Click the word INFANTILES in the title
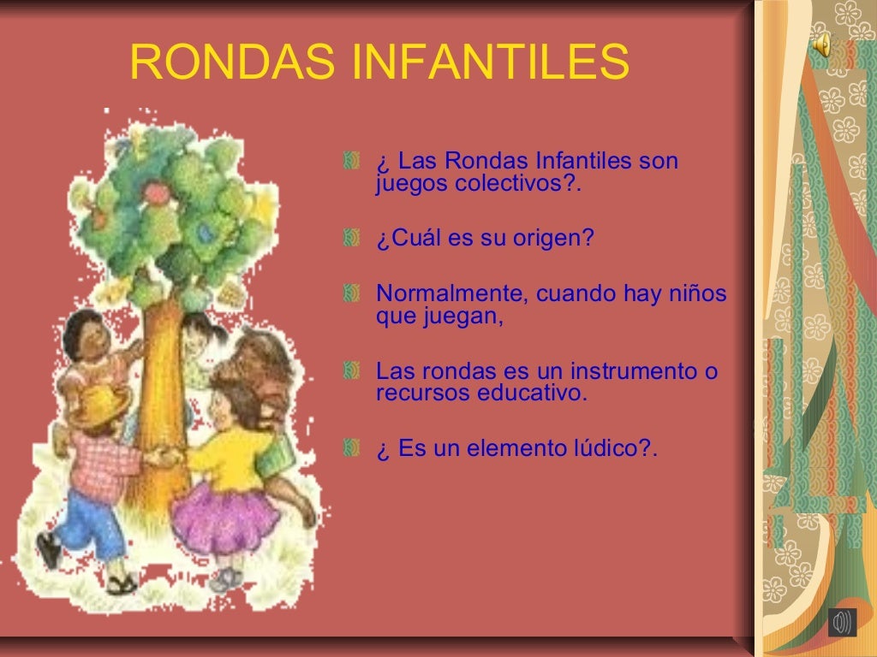(x=490, y=62)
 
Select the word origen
(x=552, y=239)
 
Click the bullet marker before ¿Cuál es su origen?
(x=350, y=239)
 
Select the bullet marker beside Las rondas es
(x=350, y=372)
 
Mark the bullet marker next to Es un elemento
(x=350, y=449)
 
